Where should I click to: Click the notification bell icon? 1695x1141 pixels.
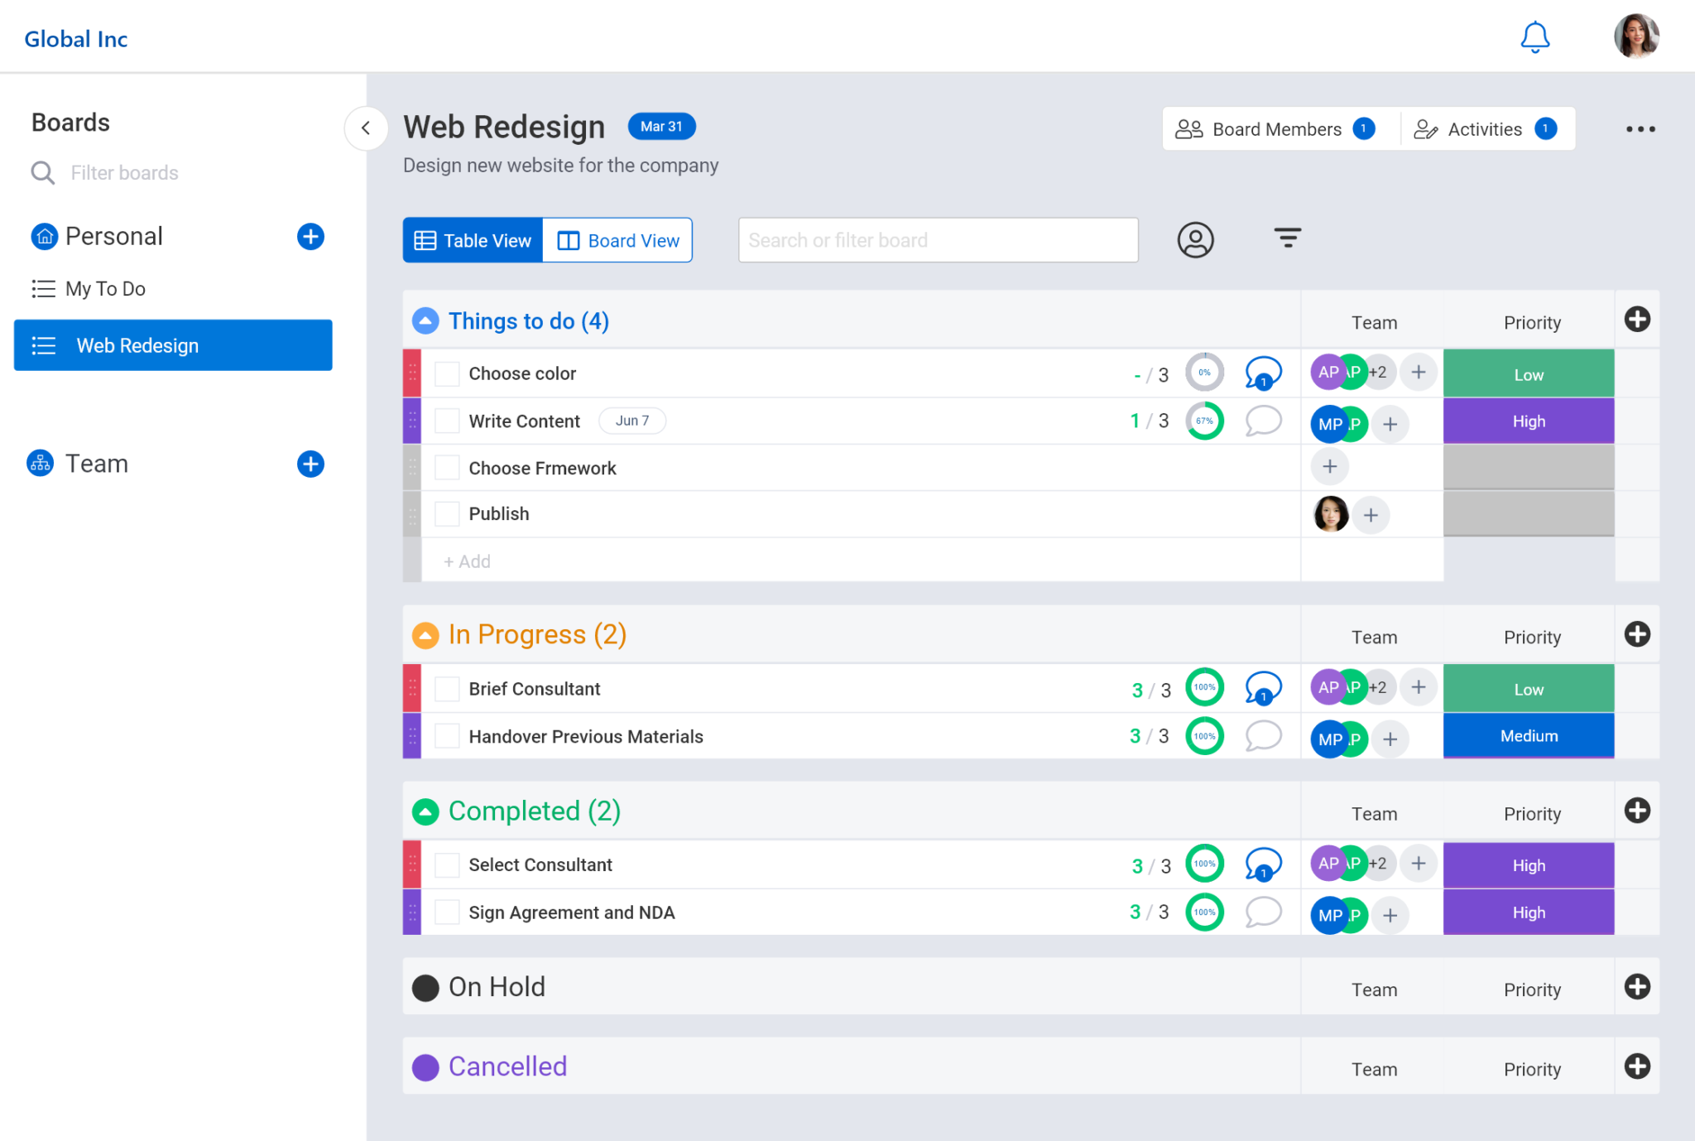point(1534,37)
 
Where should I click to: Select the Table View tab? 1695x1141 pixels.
point(473,240)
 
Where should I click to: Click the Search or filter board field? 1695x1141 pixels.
point(937,240)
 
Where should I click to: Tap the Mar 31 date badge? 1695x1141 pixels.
point(661,127)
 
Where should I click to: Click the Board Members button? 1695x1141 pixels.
point(1275,129)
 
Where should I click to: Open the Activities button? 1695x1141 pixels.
point(1485,129)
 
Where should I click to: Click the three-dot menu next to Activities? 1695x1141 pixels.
point(1640,129)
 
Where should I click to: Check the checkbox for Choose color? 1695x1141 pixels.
point(447,373)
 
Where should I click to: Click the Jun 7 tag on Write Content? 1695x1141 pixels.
point(632,421)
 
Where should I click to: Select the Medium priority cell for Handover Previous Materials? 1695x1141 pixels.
point(1528,736)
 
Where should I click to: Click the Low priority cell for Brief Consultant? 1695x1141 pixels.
point(1528,689)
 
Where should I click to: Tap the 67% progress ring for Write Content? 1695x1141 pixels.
point(1204,421)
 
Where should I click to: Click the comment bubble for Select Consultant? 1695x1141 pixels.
point(1263,864)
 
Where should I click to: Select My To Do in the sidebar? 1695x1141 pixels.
point(105,289)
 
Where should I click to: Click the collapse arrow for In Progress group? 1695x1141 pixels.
point(425,635)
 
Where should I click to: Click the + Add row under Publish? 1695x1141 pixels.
point(468,561)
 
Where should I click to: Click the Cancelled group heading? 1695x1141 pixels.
point(507,1066)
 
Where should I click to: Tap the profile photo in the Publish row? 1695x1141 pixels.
point(1331,514)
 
